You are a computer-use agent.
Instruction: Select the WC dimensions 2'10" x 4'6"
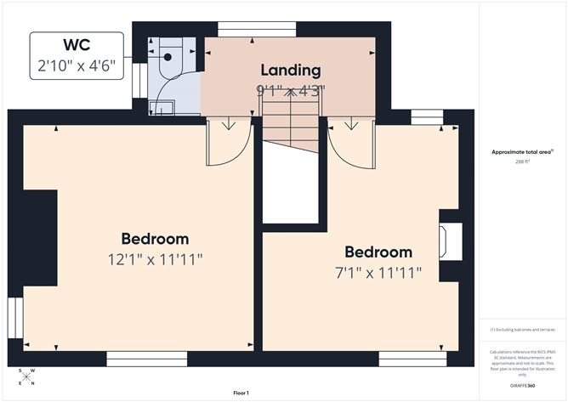pos(77,64)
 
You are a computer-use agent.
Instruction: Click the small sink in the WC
pos(162,106)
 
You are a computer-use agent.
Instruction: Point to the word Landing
pos(291,71)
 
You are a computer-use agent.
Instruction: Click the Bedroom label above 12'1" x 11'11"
pos(155,239)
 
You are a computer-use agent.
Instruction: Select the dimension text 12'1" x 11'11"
pos(155,259)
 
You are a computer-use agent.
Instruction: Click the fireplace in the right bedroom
pos(450,241)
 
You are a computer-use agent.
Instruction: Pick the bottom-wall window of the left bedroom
pos(141,358)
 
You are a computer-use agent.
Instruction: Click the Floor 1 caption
pos(241,393)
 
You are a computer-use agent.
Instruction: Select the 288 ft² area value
pos(522,161)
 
